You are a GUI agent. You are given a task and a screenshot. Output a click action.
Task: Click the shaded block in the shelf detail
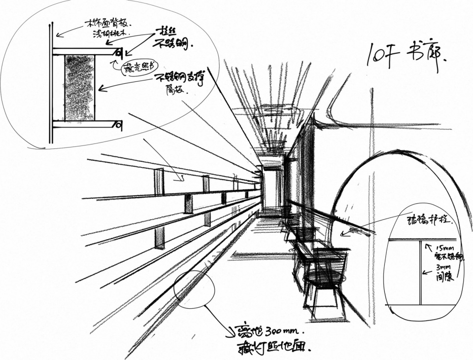coord(79,88)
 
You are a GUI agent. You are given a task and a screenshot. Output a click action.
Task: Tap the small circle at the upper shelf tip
coord(118,51)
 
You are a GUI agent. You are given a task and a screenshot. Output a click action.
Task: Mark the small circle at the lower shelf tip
coord(119,125)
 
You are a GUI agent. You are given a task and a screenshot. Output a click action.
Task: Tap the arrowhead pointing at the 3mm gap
coord(424,272)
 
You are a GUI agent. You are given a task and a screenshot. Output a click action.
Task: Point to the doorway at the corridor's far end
coord(270,187)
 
